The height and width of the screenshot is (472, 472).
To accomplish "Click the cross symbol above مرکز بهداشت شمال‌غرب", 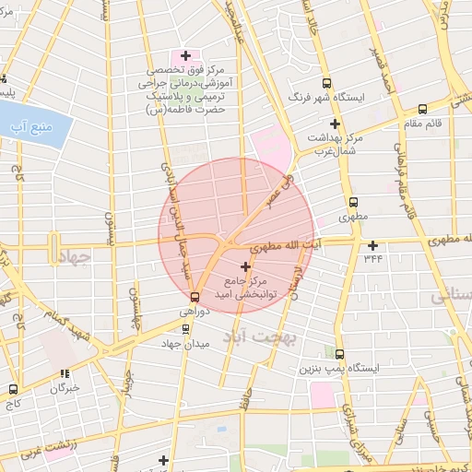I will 335,124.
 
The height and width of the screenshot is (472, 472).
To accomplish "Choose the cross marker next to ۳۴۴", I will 372,245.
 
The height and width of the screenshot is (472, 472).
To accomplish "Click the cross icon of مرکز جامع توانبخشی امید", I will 244,266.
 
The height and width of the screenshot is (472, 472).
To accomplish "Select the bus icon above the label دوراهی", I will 194,298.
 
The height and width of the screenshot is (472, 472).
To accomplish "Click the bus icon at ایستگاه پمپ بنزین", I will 340,354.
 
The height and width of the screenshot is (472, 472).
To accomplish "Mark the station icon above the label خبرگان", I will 65,374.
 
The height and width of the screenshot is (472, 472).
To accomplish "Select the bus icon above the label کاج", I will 13,389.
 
